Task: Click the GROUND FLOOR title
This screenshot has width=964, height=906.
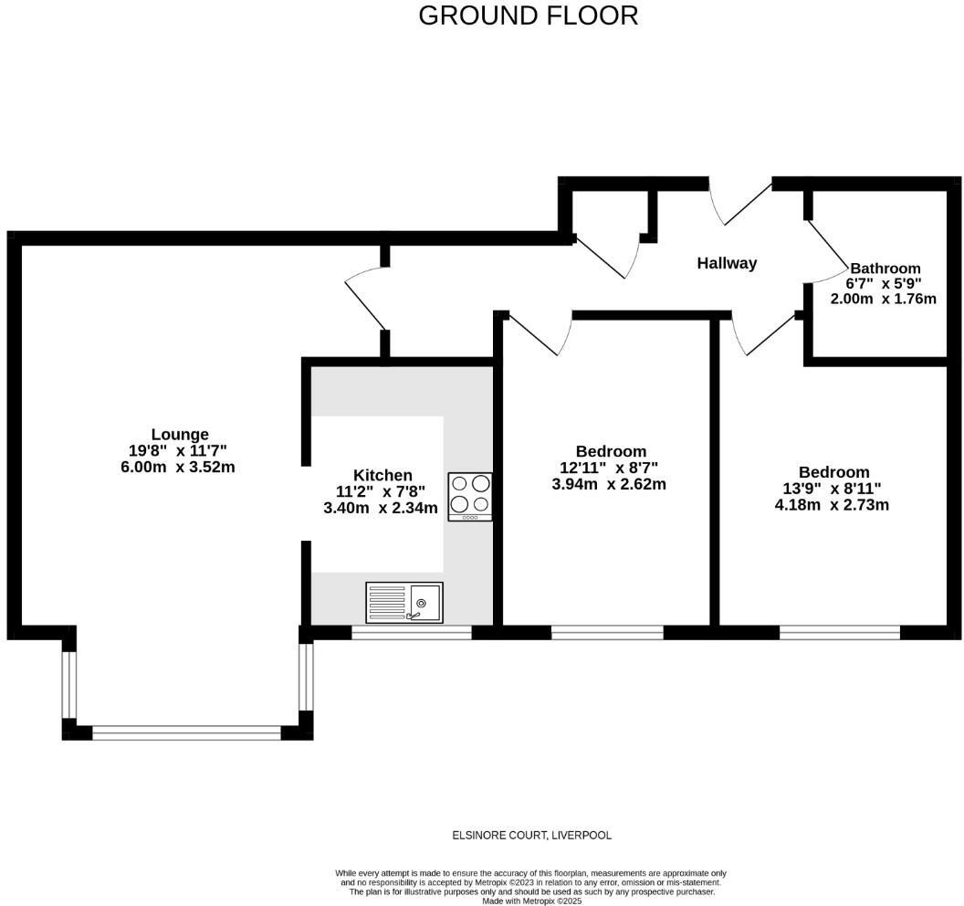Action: click(528, 16)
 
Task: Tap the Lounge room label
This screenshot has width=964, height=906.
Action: click(180, 435)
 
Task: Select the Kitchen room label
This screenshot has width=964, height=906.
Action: click(382, 475)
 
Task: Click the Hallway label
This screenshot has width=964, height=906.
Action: click(727, 263)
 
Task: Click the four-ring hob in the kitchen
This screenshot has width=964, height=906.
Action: click(470, 496)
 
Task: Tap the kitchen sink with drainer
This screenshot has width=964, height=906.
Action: click(404, 603)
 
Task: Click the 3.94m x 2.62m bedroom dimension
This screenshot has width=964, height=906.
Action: click(609, 484)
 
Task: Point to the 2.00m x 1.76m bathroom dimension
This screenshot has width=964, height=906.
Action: click(883, 299)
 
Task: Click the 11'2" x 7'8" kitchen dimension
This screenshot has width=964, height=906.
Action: click(381, 491)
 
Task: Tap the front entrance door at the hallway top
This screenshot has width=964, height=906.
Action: click(740, 203)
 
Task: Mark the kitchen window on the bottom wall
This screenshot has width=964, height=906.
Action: click(411, 632)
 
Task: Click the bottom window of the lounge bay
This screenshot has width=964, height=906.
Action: click(187, 732)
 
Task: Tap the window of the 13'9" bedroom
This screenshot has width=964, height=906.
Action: click(839, 632)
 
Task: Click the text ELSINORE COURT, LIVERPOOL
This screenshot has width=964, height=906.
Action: click(532, 835)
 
